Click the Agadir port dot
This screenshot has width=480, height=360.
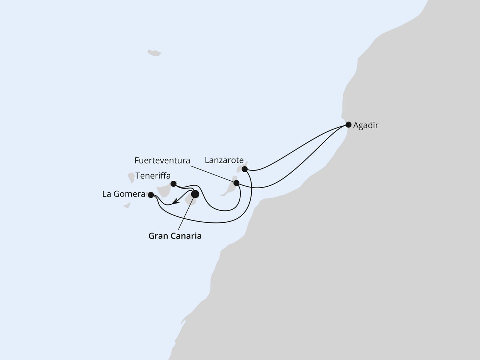click(x=348, y=124)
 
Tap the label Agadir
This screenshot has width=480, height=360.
click(x=366, y=126)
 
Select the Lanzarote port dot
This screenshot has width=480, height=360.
click(x=244, y=169)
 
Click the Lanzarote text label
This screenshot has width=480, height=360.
click(x=224, y=160)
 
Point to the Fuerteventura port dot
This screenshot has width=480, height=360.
click(x=236, y=183)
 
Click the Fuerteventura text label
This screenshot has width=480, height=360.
click(x=162, y=160)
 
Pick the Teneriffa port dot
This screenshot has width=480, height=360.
click(x=173, y=184)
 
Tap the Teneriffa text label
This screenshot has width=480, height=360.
click(x=153, y=176)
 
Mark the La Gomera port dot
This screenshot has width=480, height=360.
click(x=151, y=195)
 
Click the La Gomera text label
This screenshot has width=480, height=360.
click(x=124, y=194)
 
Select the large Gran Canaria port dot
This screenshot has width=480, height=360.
click(x=195, y=194)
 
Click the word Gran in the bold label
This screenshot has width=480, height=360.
click(x=158, y=236)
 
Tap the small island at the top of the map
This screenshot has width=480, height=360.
click(x=154, y=53)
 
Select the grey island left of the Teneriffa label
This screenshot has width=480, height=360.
click(x=131, y=177)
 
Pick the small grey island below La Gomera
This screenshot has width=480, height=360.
click(x=127, y=205)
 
